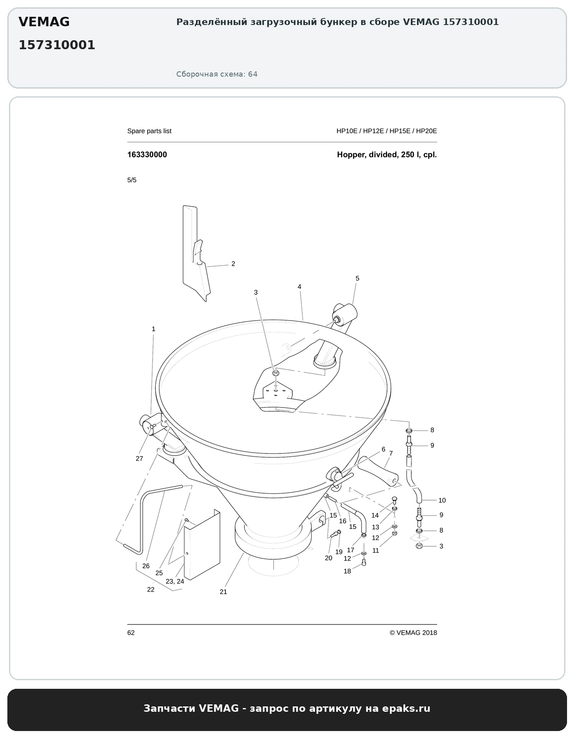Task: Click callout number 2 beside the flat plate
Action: point(233,264)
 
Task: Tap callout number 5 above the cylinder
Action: point(358,278)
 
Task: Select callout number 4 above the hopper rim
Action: point(300,287)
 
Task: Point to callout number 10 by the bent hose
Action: point(442,500)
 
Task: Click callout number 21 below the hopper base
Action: point(223,592)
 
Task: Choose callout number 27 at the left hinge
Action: point(139,458)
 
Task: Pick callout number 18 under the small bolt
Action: point(347,571)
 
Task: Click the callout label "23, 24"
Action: point(175,581)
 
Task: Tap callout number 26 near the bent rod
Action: point(146,566)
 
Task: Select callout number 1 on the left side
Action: point(154,329)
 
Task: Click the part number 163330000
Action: point(147,155)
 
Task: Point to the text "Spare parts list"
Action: point(149,131)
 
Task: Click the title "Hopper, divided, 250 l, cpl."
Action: point(387,155)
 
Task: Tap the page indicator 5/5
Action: point(132,180)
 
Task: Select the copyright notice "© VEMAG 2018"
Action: point(413,633)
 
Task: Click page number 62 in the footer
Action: point(131,633)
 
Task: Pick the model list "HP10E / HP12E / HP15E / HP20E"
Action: point(387,131)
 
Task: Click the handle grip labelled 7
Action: point(379,472)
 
